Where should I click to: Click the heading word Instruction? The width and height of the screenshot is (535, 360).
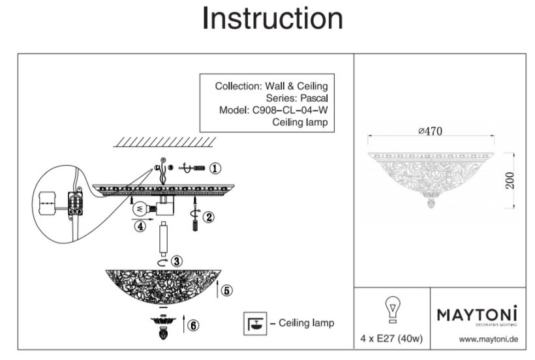(272, 19)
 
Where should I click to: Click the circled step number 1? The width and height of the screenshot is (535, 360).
(216, 168)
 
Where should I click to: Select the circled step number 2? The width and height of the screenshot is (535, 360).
(208, 217)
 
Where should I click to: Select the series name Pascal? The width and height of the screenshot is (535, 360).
(311, 98)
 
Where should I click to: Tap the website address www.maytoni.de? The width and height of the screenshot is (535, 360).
(488, 339)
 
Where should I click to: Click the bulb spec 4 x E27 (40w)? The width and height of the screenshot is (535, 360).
(392, 339)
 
